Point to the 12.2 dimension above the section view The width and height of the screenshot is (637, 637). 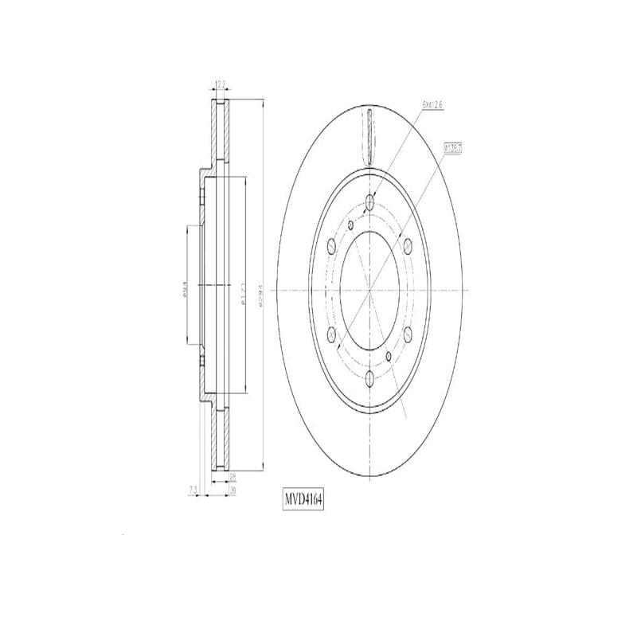click(221, 83)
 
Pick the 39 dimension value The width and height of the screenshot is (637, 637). click(233, 491)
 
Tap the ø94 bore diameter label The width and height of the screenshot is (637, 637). click(185, 291)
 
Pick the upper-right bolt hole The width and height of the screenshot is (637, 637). click(408, 245)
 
